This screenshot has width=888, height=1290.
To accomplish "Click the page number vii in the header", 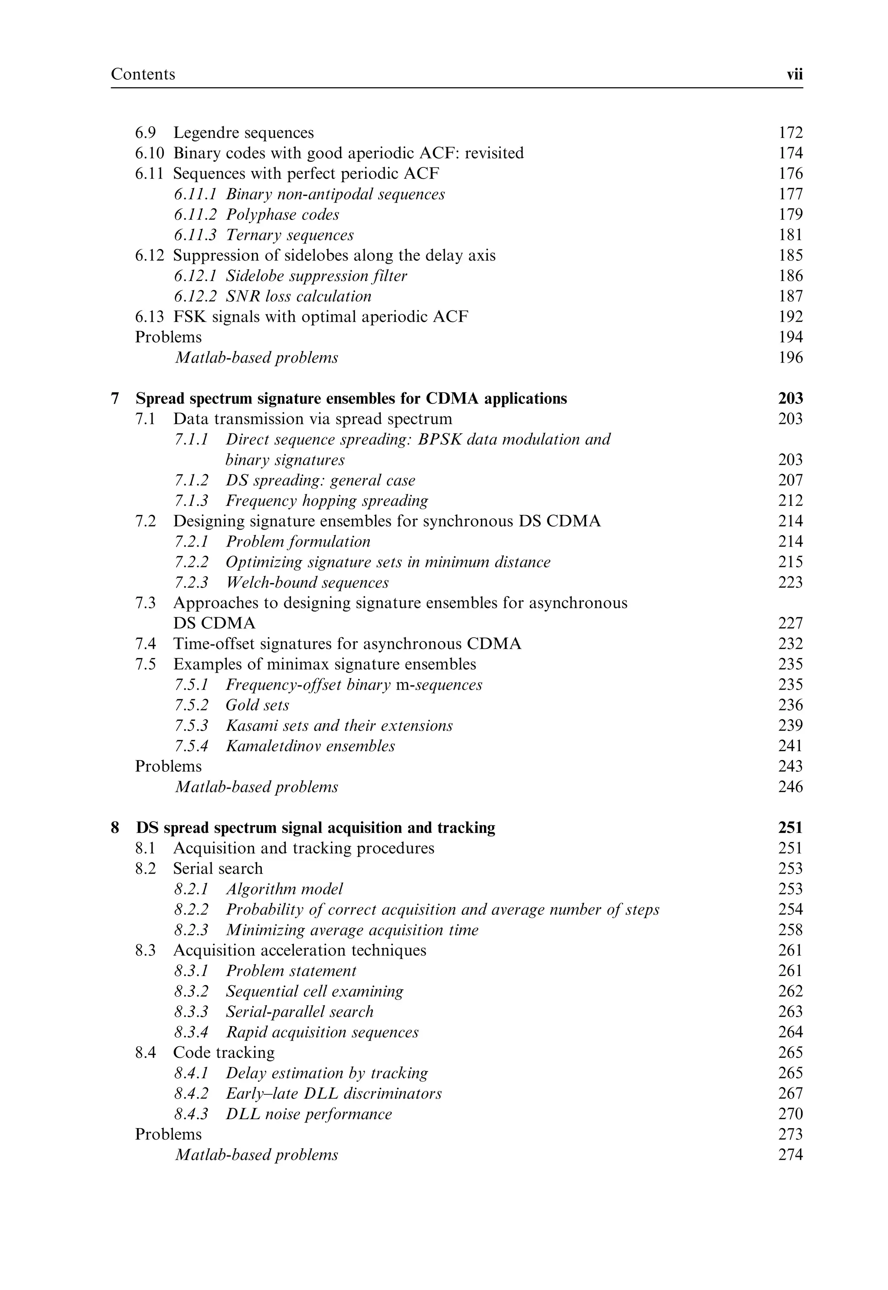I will (794, 75).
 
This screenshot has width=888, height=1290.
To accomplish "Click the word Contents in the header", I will (143, 74).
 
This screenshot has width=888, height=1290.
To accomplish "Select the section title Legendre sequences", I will (243, 133).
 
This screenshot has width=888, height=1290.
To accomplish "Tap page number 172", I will (790, 133).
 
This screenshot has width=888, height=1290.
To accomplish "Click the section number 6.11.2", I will (195, 215).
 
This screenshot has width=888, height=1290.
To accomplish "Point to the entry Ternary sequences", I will (289, 236).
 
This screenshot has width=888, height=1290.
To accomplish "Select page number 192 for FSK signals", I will (790, 317).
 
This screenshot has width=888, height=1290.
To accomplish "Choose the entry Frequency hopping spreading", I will (326, 501).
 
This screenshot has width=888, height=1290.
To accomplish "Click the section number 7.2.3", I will (191, 583).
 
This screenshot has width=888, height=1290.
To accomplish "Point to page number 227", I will (790, 623).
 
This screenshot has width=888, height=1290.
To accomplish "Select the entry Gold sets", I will (257, 706).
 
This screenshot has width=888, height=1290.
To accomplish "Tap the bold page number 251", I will (790, 828).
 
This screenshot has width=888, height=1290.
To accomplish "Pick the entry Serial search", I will (218, 869).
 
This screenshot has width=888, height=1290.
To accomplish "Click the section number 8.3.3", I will (191, 1012).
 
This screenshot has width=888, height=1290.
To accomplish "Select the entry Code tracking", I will (224, 1053).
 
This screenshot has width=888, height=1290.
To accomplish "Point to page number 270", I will (790, 1114).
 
